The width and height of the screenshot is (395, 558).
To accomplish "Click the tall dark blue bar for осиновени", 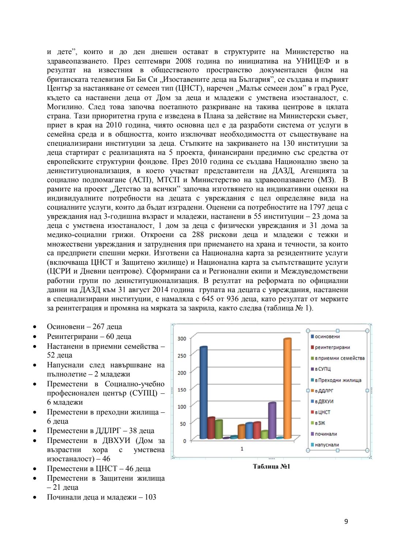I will tap(204, 393).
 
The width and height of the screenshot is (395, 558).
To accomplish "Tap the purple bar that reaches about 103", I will tap(272, 420).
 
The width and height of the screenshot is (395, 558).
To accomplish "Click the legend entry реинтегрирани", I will tap(332, 347).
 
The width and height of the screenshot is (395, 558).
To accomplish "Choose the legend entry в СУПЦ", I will tap(323, 369).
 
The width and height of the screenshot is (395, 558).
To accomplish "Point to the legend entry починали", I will tap(326, 434).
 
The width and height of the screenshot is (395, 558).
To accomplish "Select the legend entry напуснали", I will tap(327, 445).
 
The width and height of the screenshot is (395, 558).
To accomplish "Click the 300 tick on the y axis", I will tap(182, 339).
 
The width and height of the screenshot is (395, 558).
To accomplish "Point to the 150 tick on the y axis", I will tap(182, 390).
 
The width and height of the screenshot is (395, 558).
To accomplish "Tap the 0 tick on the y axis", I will tap(184, 441).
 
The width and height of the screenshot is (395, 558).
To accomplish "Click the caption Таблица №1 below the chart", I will tap(271, 466).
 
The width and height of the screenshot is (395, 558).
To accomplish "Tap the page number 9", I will tap(346, 521).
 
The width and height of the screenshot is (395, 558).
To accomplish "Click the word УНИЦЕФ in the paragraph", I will tap(313, 61).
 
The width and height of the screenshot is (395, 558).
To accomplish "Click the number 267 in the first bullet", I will tap(99, 326).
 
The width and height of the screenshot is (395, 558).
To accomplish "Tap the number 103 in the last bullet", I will tap(150, 497).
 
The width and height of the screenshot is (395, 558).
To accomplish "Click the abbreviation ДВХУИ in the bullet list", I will tap(116, 440).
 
